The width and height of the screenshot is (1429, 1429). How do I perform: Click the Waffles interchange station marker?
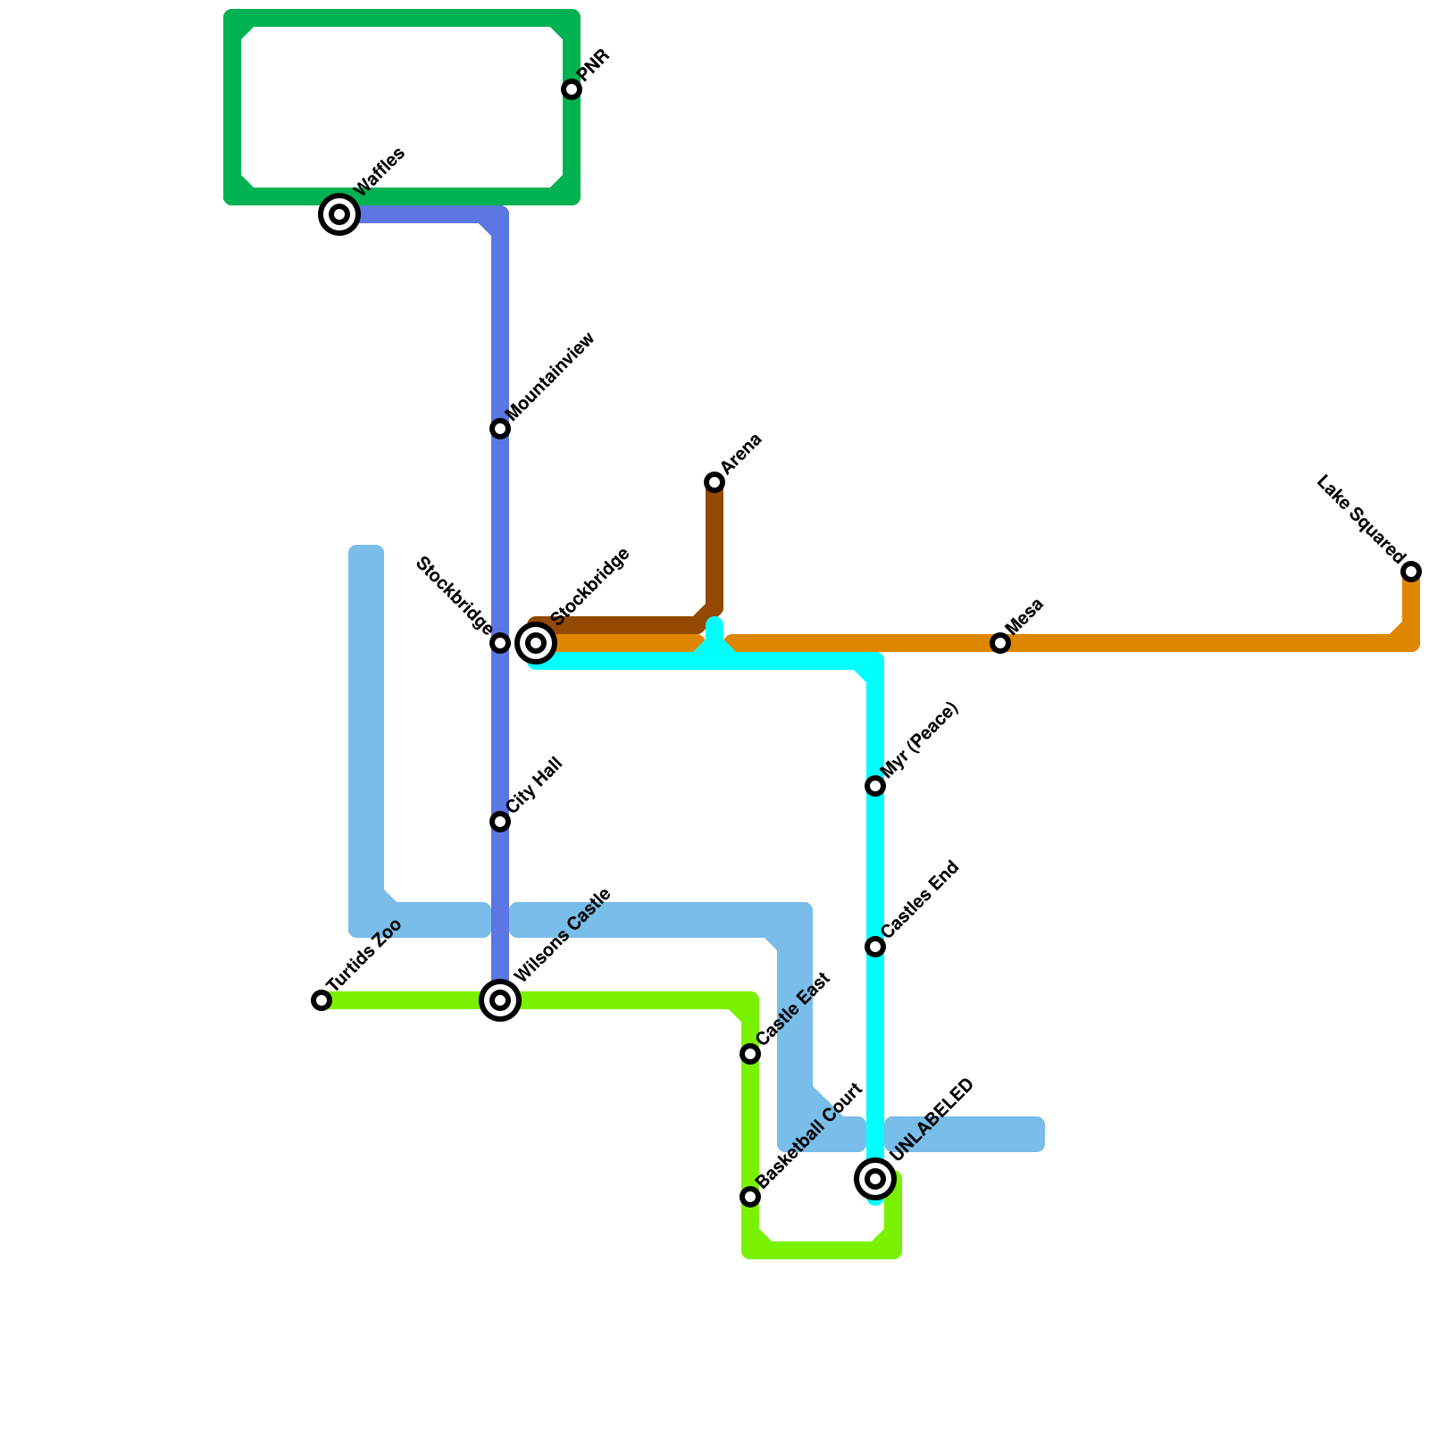point(339,214)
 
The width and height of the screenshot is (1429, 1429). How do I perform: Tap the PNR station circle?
point(572,89)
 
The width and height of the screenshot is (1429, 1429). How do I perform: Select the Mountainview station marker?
point(500,429)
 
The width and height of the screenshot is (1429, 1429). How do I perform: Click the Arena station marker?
point(714,482)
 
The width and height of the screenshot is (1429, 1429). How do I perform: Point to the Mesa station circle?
point(1000,643)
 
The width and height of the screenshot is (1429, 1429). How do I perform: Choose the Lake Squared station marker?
point(1411,572)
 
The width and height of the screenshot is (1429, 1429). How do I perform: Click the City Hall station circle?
point(500,822)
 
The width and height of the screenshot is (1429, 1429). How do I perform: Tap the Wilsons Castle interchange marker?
point(500,1000)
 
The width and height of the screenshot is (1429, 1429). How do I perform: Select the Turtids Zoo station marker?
point(322,1000)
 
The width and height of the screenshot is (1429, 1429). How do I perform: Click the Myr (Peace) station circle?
point(875,786)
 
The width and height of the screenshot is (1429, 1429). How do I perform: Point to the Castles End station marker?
point(875,947)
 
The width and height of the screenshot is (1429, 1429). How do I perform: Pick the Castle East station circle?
point(750,1054)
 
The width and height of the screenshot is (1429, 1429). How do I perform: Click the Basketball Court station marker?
point(750,1197)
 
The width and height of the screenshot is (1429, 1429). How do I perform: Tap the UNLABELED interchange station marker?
point(875,1179)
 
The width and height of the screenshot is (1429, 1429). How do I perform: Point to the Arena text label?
point(741,454)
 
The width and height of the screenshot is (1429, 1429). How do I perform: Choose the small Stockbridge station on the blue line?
point(500,643)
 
